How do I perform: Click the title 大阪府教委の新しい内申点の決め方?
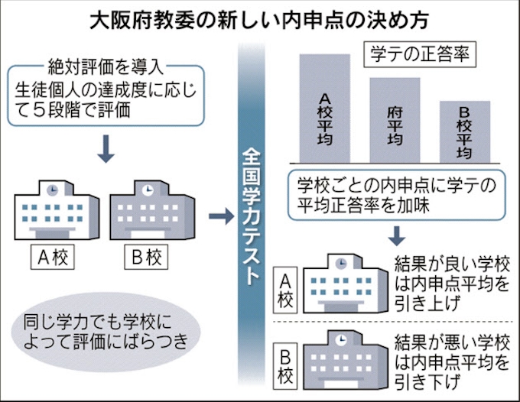(x=259, y=18)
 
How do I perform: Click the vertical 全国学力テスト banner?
(x=252, y=214)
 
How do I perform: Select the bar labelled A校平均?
(x=324, y=107)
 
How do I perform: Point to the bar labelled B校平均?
(x=464, y=131)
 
